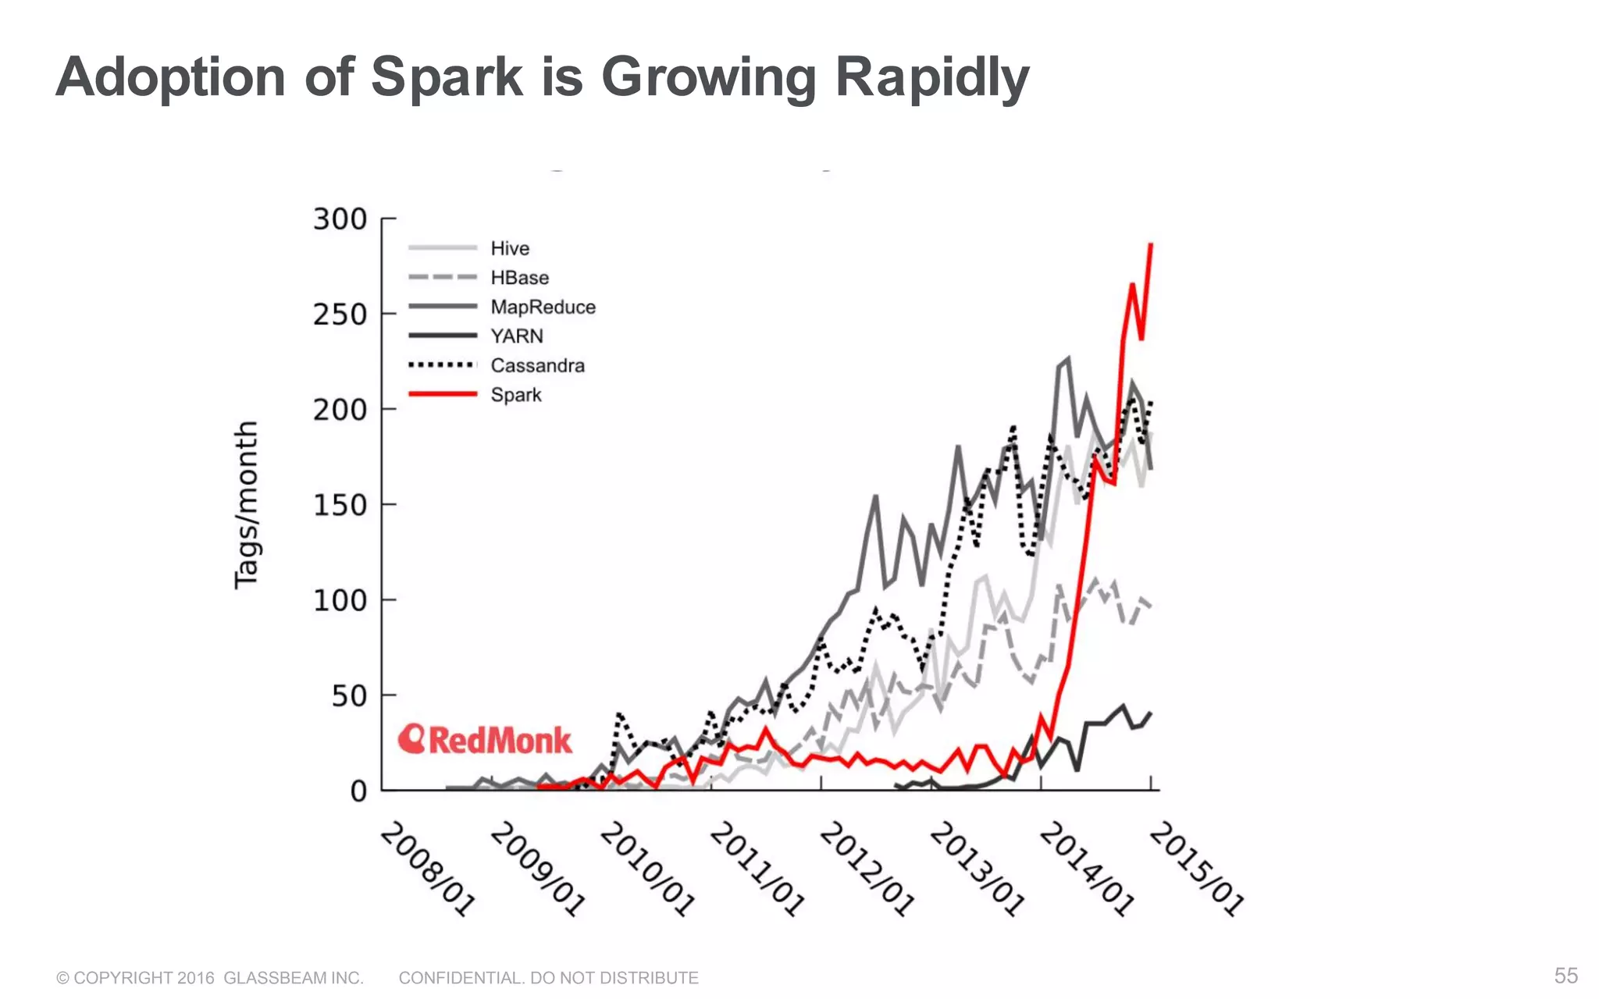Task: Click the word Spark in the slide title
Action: click(x=446, y=76)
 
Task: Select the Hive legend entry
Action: click(x=509, y=248)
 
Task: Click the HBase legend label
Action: click(x=519, y=278)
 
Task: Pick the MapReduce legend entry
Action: click(x=543, y=307)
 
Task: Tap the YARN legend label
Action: click(x=516, y=336)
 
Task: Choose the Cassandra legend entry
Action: click(x=537, y=365)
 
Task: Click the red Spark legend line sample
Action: click(x=442, y=394)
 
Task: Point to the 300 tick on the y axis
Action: click(x=340, y=219)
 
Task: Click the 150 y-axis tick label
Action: click(x=340, y=505)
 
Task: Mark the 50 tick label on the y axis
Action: click(x=348, y=695)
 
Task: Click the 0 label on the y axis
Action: click(x=358, y=791)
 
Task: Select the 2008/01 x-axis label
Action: click(x=427, y=868)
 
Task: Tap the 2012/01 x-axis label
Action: click(x=867, y=868)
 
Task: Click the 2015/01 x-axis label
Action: click(x=1196, y=868)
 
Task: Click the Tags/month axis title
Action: click(x=246, y=505)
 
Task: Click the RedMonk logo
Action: click(x=485, y=740)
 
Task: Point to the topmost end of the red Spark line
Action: click(x=1151, y=245)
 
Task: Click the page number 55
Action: click(x=1565, y=976)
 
